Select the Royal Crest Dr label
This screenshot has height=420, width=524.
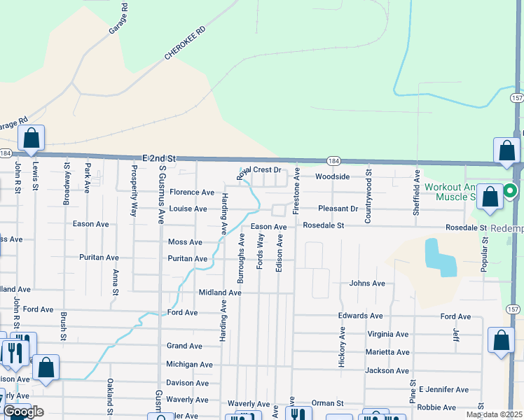click(258, 170)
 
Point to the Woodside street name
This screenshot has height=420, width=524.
click(332, 176)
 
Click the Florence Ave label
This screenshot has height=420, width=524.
click(192, 192)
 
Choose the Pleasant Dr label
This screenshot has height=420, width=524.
click(338, 209)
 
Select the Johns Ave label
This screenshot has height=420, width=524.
click(368, 283)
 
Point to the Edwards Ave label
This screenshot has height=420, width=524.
click(361, 316)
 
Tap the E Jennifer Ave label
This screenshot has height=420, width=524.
click(443, 389)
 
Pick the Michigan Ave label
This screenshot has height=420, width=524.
click(189, 364)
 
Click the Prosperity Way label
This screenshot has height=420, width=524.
click(134, 200)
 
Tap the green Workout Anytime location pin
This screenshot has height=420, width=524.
click(511, 190)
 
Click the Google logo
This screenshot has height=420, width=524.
click(23, 412)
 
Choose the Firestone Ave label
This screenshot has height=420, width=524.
click(296, 190)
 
